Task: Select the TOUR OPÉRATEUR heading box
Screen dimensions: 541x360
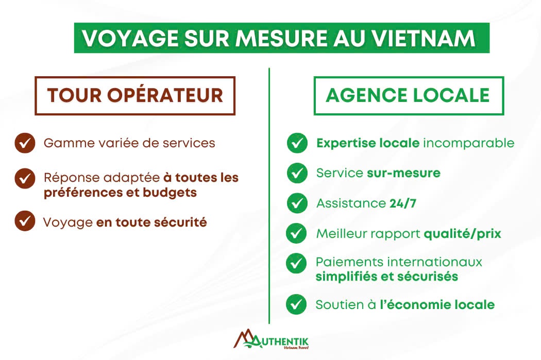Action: (135, 95)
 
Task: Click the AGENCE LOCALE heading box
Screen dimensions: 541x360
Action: (409, 95)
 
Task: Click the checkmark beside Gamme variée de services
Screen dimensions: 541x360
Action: (25, 143)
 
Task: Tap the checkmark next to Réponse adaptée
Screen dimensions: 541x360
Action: (25, 178)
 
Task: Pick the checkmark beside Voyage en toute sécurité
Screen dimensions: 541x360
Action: (25, 221)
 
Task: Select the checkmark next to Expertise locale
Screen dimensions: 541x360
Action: (297, 143)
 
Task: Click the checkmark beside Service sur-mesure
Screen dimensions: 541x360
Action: (297, 173)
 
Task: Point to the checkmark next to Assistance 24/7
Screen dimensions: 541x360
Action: (297, 203)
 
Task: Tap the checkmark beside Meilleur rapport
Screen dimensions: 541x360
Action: (296, 233)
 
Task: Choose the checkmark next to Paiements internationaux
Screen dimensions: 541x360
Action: (296, 264)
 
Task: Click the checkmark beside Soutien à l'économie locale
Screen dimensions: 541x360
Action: (296, 304)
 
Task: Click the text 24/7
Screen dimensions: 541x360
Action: (403, 203)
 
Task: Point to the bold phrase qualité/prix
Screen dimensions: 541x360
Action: (462, 234)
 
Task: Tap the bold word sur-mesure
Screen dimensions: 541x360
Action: (403, 173)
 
